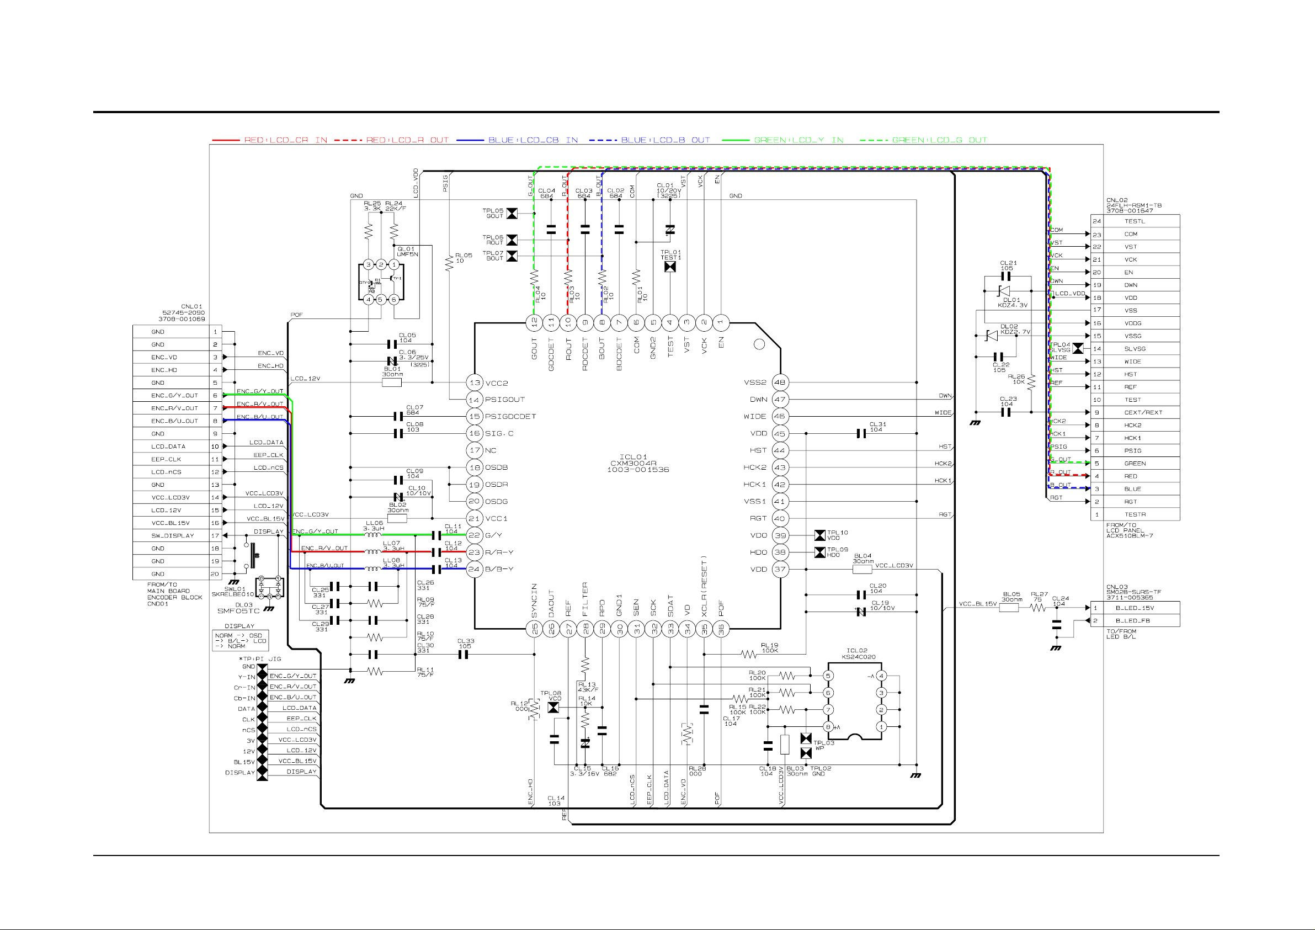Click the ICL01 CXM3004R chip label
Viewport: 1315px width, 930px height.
(637, 463)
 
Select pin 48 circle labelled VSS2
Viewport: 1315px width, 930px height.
(780, 382)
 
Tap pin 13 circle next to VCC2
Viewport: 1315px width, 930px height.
(475, 382)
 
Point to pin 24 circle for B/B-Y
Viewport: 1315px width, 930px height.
(474, 569)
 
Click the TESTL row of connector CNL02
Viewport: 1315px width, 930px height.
(1134, 221)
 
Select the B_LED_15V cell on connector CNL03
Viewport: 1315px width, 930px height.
(1134, 607)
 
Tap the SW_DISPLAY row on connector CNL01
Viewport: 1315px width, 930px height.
(172, 535)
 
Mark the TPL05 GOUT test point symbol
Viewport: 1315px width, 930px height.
(512, 213)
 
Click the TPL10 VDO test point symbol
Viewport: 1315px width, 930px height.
(819, 535)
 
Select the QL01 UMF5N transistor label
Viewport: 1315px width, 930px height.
(407, 252)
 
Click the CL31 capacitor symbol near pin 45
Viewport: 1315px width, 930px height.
(861, 434)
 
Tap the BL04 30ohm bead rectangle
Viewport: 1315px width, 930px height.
(862, 569)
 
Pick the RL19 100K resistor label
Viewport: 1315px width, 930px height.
(769, 647)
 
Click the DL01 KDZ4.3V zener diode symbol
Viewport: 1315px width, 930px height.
(1003, 291)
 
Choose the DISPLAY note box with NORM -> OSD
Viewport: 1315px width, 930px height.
(240, 641)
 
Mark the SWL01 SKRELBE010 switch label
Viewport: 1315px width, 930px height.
(232, 591)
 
